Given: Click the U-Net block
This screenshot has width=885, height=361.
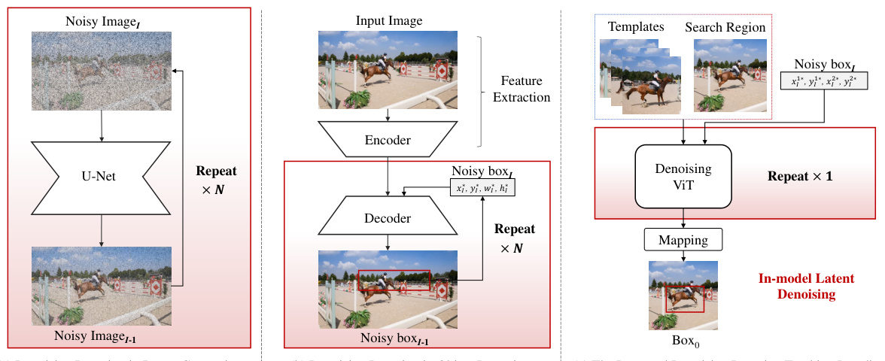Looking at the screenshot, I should coord(102,178).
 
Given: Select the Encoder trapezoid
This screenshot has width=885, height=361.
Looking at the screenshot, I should coord(387,139).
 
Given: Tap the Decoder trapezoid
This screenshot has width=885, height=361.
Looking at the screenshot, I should coord(387,219).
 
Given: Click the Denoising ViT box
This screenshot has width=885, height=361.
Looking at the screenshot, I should coord(683,177).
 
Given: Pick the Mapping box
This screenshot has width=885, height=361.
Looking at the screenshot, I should coord(683,241).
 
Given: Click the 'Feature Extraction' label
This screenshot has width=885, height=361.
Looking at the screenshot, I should coord(526,88).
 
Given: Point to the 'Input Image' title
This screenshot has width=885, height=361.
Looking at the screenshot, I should coord(387,18).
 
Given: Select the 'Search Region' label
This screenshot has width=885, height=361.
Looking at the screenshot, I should coord(725,27).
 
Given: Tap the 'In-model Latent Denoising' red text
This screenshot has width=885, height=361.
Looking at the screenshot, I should coord(805,287).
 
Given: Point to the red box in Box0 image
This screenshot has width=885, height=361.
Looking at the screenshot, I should coord(685,299).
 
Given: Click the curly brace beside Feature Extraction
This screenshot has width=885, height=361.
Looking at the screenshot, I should coord(482,88).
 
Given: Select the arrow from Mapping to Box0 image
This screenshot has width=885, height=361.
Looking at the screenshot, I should coord(683,256).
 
